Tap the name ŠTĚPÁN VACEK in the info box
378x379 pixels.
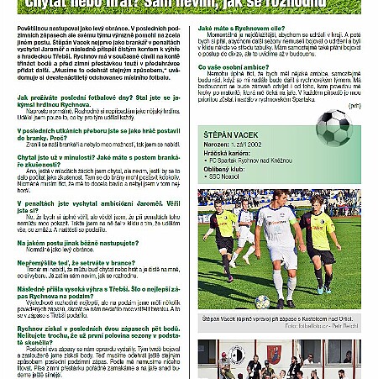point(232,133)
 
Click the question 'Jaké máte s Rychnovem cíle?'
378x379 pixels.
point(241,28)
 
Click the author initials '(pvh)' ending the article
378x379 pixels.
point(355,106)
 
